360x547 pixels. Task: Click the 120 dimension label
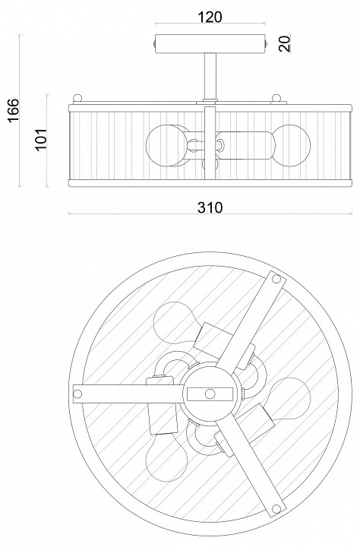pos(210,17)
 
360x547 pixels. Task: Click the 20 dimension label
pos(285,43)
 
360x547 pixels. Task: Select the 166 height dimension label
pos(13,110)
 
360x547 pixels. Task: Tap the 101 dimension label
pos(41,139)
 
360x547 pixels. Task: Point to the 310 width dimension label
pos(210,207)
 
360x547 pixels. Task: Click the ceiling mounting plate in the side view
pos(210,44)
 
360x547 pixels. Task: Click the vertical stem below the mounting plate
pos(210,77)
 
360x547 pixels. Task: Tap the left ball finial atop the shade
pos(77,98)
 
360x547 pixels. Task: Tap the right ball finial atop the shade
pos(276,98)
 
